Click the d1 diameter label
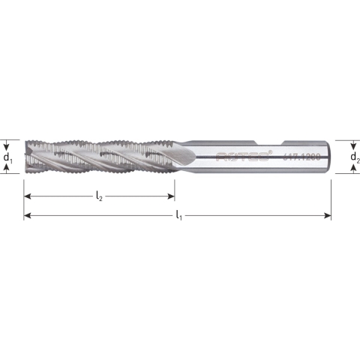point(8,157)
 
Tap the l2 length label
point(99,196)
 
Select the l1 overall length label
point(178,216)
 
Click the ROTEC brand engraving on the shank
point(232,157)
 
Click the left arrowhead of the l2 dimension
point(27,196)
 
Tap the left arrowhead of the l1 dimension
point(27,216)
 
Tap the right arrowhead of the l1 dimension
point(328,216)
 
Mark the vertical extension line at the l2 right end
point(175,187)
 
